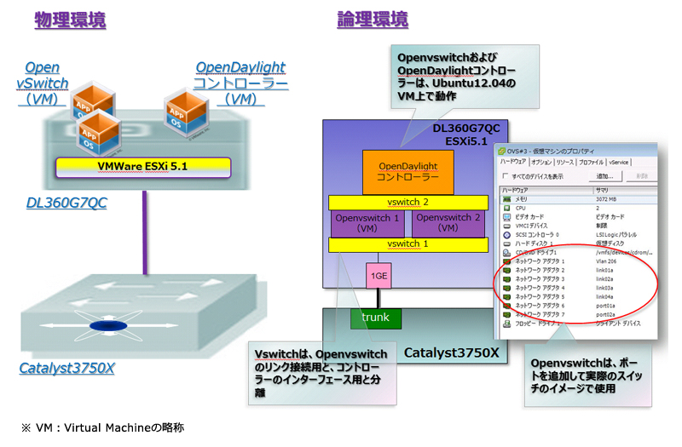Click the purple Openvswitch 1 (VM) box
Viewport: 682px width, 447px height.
click(367, 223)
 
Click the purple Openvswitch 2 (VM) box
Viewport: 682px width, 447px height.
click(448, 223)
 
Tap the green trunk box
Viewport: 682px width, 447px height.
click(375, 318)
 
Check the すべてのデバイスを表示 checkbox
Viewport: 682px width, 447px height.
click(505, 176)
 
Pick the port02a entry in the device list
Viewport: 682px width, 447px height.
click(607, 315)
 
